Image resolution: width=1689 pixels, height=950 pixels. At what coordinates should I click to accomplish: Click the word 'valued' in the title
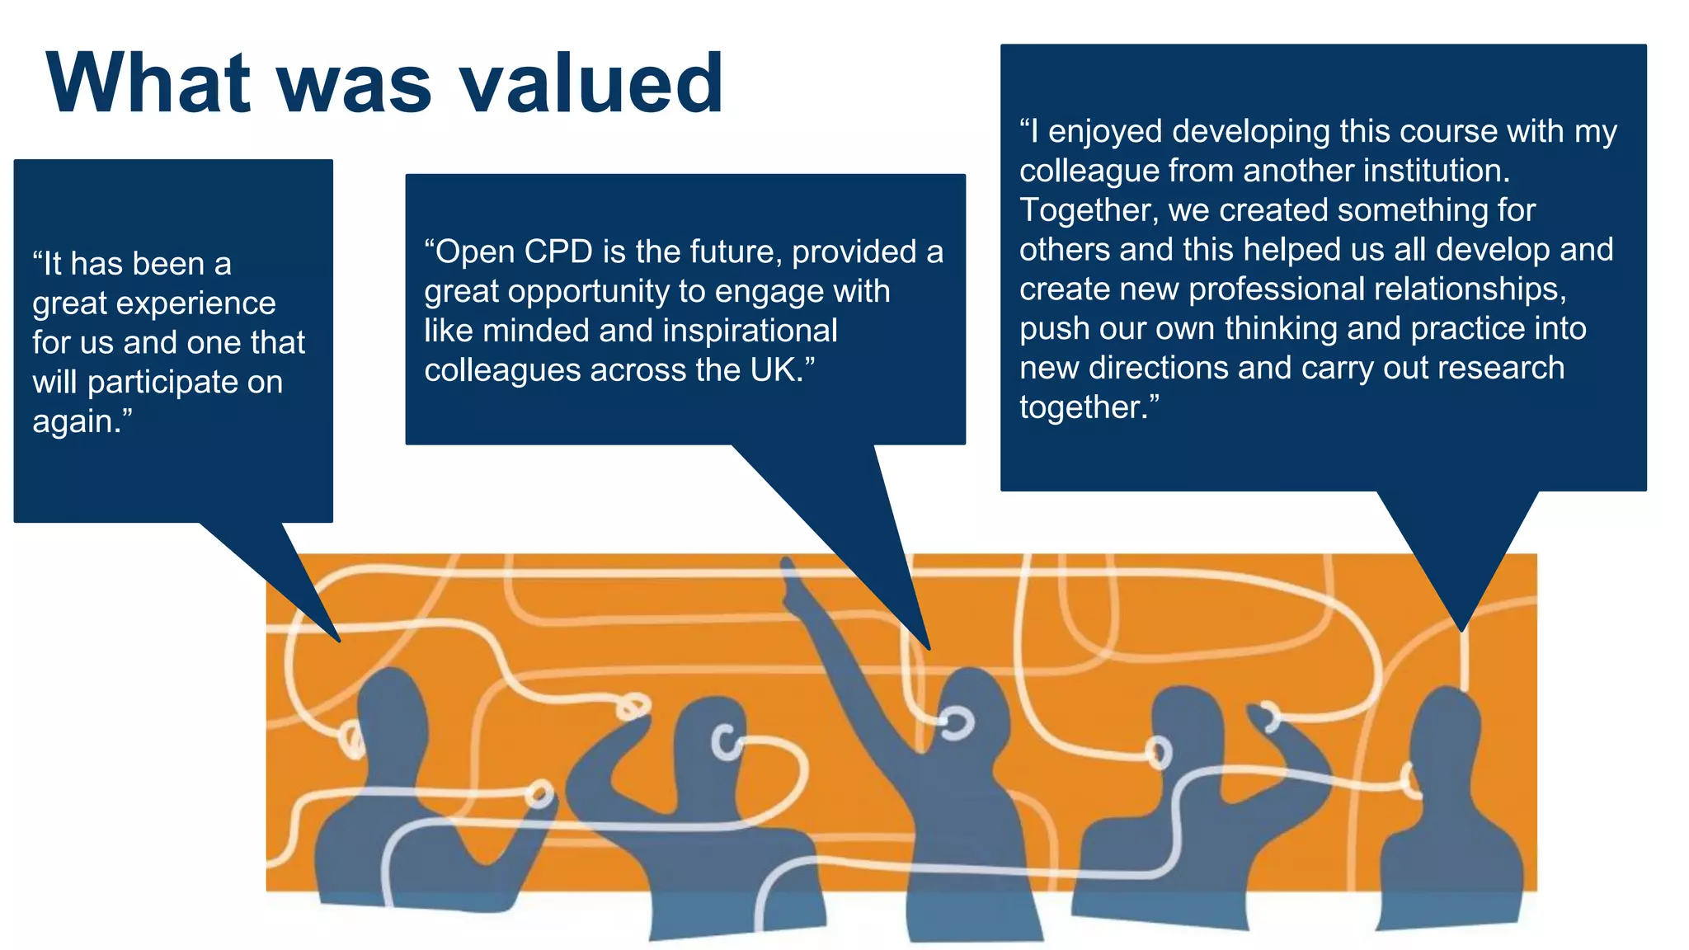[590, 82]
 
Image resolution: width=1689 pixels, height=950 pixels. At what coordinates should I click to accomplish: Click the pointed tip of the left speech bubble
[337, 639]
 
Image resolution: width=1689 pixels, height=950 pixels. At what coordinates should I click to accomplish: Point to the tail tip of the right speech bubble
[1462, 628]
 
